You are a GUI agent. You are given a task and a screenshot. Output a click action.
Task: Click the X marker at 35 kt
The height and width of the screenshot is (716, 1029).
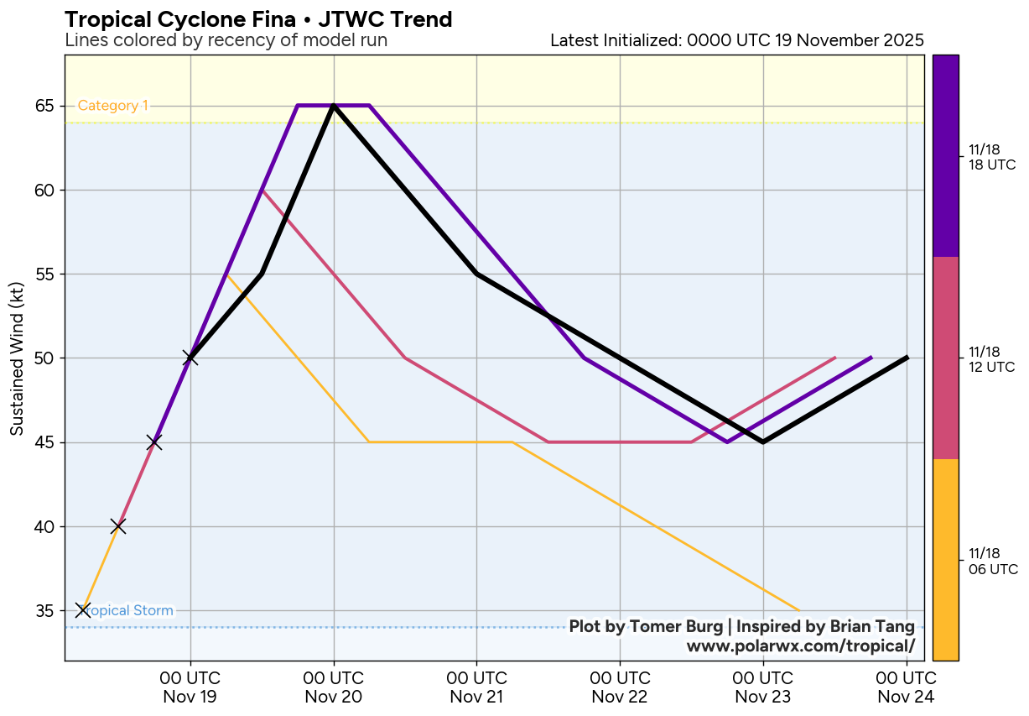(82, 610)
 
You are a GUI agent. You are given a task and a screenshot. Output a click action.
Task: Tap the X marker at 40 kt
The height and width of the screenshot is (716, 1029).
(118, 526)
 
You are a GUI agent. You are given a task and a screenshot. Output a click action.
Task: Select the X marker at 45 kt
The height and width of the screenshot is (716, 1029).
(154, 442)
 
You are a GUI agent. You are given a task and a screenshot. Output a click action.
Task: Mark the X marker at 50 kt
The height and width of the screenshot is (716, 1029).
(190, 358)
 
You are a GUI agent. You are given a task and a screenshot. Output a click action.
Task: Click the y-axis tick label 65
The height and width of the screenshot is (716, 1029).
(44, 106)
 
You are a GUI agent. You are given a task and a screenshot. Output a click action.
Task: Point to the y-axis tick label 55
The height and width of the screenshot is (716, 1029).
(44, 274)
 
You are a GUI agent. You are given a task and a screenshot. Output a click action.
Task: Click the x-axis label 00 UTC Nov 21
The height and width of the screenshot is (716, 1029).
(477, 687)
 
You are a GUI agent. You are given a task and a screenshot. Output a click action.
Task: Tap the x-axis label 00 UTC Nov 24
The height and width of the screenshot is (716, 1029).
(907, 687)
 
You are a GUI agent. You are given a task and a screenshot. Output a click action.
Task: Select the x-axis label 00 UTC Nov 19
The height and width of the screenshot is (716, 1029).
(190, 687)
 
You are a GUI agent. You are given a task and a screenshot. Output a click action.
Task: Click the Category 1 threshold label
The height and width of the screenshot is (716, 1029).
(113, 106)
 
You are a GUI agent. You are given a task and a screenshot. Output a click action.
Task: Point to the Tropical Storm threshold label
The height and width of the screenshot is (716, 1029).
(131, 610)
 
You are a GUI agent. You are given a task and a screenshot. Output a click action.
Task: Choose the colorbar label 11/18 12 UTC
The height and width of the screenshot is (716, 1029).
(991, 358)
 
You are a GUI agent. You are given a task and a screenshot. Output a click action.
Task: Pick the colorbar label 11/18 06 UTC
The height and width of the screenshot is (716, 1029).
(993, 561)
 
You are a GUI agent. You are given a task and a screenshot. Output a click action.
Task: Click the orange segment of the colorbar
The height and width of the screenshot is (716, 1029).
(946, 560)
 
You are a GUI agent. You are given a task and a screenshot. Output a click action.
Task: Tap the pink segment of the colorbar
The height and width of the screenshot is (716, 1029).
(946, 358)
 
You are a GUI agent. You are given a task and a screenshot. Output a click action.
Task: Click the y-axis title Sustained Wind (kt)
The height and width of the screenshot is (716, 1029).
(17, 358)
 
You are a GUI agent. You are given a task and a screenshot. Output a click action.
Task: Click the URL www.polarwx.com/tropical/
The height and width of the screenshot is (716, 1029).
(800, 645)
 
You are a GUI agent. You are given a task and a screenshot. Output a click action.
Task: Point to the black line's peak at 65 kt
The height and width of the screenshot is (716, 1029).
(334, 106)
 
